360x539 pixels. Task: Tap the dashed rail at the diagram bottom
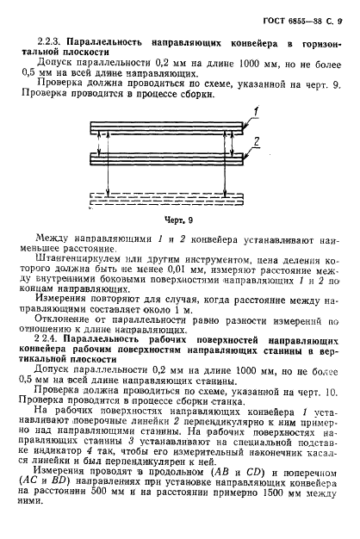click(181, 199)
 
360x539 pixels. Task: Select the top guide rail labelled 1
click(181, 127)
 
